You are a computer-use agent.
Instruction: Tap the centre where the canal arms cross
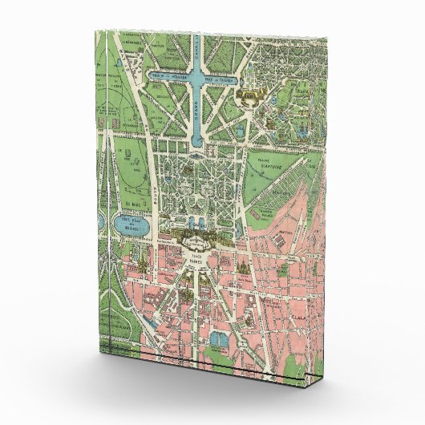point(197,78)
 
